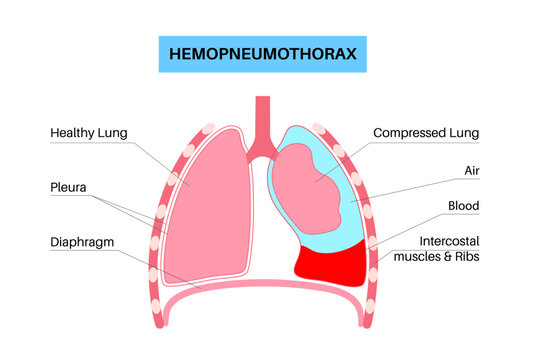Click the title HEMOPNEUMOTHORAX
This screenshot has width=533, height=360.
[265, 55]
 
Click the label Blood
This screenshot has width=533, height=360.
[462, 206]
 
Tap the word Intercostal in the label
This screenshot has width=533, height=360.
[448, 241]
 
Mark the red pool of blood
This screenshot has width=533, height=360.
[331, 263]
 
